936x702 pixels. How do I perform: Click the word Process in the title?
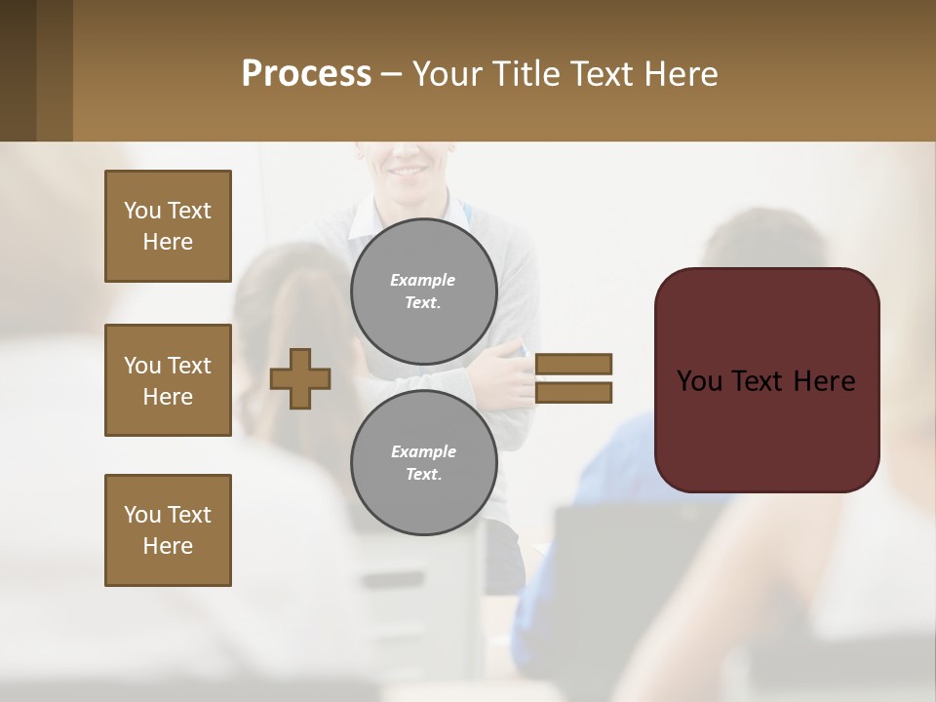click(306, 74)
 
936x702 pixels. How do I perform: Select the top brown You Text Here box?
click(168, 226)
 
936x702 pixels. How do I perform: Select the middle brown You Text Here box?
click(168, 380)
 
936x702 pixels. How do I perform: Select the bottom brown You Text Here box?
click(168, 530)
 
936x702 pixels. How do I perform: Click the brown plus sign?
click(300, 378)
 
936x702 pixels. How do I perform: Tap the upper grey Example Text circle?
click(424, 292)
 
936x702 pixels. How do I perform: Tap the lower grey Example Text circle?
click(424, 463)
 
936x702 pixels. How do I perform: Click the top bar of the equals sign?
click(573, 364)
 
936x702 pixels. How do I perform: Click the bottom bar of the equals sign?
click(573, 393)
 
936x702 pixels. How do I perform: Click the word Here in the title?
click(681, 74)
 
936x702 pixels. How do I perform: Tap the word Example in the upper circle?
click(423, 280)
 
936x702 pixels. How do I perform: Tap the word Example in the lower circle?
click(423, 451)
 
